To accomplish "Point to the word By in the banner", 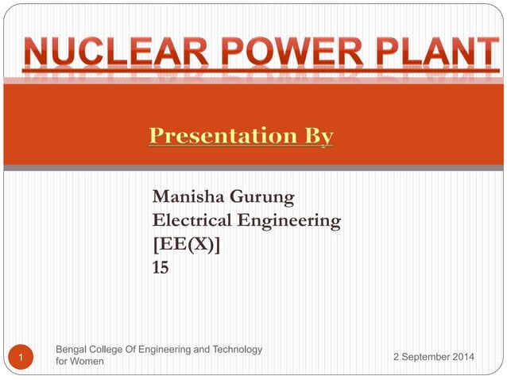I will pyautogui.click(x=315, y=137).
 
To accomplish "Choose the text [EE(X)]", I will pyautogui.click(x=187, y=245).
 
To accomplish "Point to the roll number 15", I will pyautogui.click(x=161, y=269).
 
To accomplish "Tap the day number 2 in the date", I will pyautogui.click(x=397, y=357).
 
